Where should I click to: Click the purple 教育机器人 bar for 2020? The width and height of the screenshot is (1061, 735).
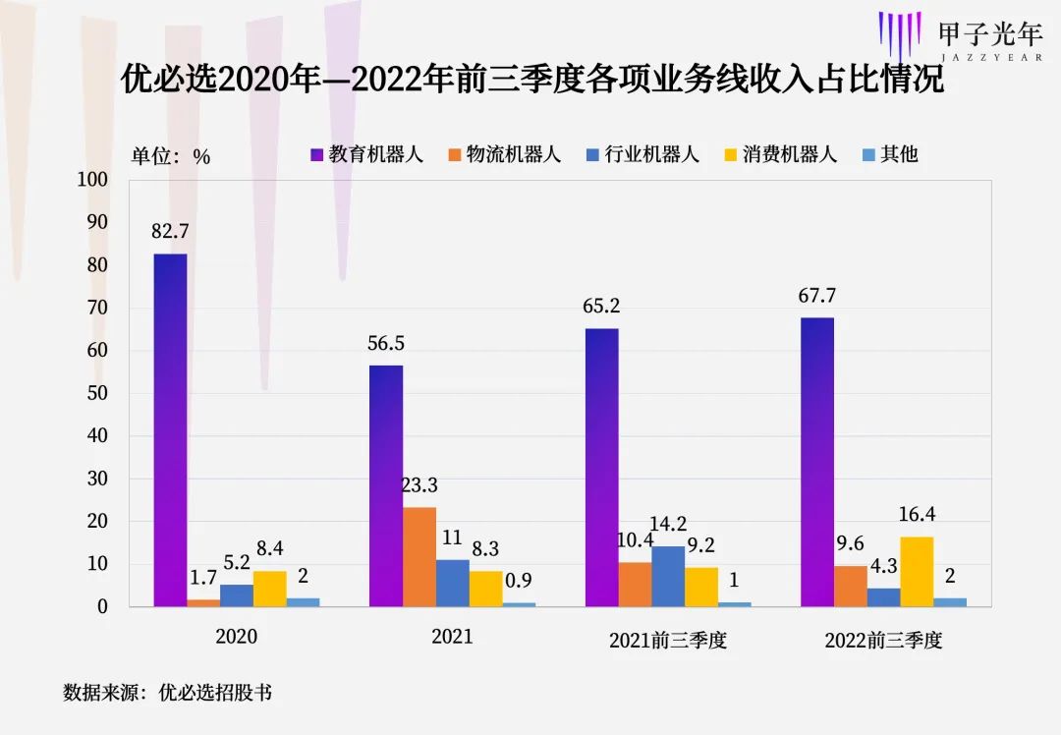(x=170, y=430)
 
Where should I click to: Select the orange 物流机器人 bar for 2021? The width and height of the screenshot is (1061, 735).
(x=419, y=556)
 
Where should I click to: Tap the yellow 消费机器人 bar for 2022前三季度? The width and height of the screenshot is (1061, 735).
(x=917, y=571)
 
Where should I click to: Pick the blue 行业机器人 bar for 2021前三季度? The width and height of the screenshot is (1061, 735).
(x=668, y=576)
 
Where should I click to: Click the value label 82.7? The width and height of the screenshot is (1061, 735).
(x=170, y=232)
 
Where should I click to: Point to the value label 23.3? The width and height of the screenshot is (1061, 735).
(x=419, y=484)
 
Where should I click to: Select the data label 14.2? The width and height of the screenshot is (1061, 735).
(x=668, y=524)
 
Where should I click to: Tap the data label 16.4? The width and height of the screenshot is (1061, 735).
(x=917, y=514)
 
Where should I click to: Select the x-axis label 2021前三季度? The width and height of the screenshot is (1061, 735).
(x=668, y=640)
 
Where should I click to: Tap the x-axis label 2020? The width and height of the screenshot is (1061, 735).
(x=236, y=637)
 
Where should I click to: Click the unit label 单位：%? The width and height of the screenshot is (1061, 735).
(x=172, y=156)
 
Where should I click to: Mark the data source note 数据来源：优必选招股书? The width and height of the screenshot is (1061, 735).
(x=167, y=693)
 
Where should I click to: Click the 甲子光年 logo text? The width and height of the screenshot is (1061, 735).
(x=989, y=34)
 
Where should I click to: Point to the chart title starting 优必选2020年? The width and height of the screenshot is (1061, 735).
(x=531, y=79)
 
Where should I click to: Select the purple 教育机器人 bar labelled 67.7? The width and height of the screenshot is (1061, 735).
(x=817, y=462)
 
